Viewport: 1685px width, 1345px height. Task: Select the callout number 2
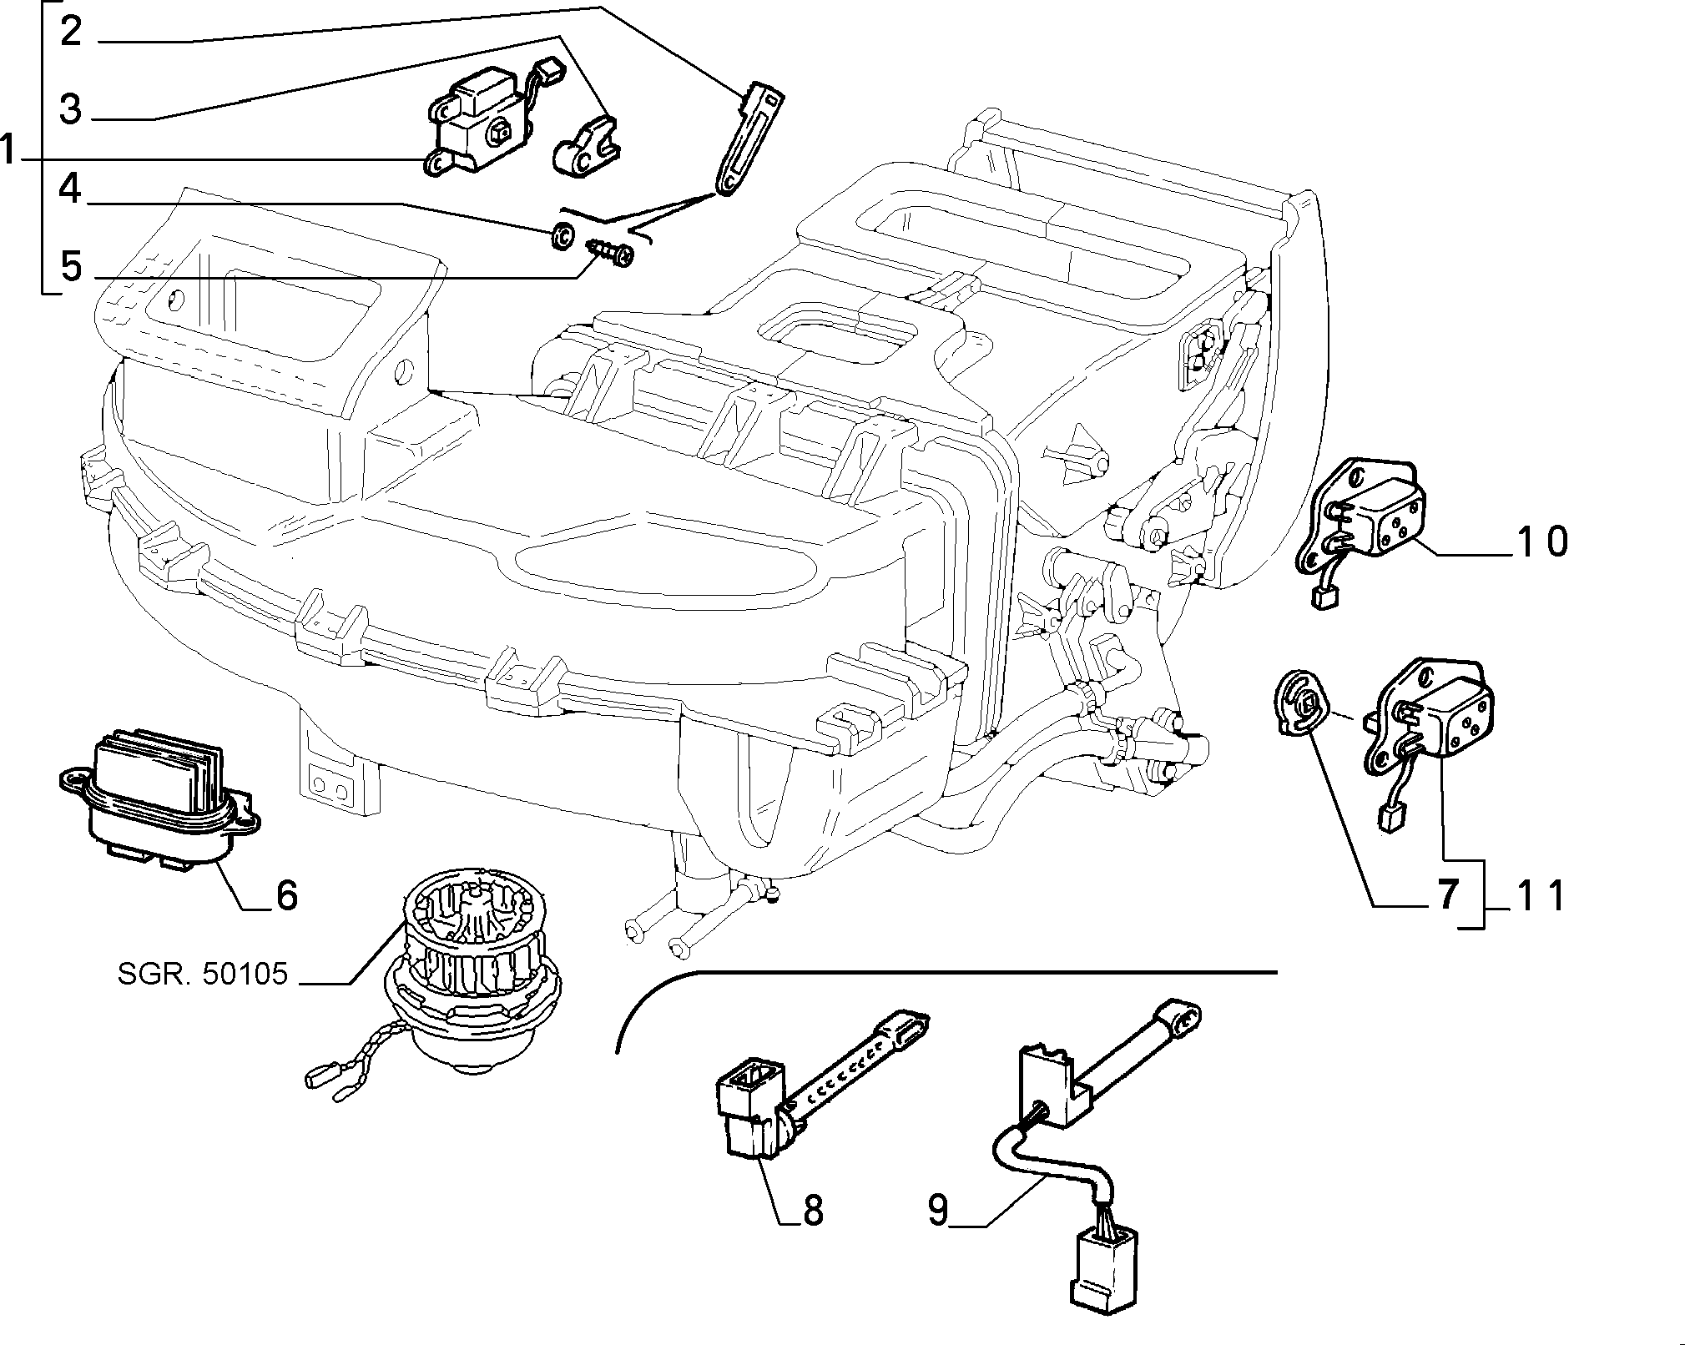(x=72, y=32)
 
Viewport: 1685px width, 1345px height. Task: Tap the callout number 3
(x=72, y=109)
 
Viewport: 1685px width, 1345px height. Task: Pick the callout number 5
(x=72, y=266)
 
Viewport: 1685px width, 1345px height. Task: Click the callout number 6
(x=286, y=895)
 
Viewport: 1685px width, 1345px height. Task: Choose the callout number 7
(x=1447, y=895)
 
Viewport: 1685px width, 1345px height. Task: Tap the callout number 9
(x=939, y=1210)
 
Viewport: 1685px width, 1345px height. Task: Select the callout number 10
(x=1542, y=542)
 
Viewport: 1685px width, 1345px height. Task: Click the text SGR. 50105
(x=203, y=974)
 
